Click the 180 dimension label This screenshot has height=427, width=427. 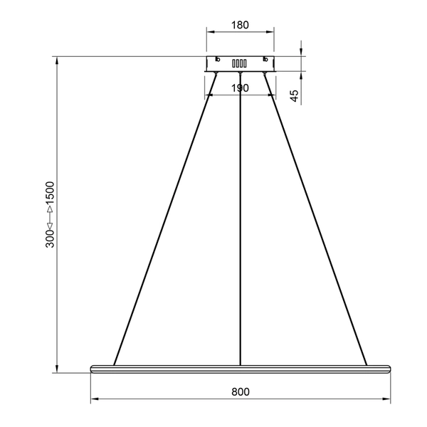click(240, 25)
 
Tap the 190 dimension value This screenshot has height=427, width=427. click(240, 88)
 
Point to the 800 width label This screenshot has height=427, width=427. click(240, 391)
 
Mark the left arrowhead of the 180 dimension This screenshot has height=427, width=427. click(209, 32)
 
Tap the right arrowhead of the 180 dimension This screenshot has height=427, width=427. click(271, 32)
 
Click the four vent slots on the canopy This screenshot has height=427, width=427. click(240, 63)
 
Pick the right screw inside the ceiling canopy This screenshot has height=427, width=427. click(265, 60)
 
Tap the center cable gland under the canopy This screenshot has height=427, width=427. click(241, 73)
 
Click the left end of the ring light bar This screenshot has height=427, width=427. click(93, 368)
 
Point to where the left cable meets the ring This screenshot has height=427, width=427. click(115, 364)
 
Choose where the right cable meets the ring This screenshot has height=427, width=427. click(367, 364)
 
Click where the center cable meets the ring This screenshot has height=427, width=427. click(241, 364)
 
